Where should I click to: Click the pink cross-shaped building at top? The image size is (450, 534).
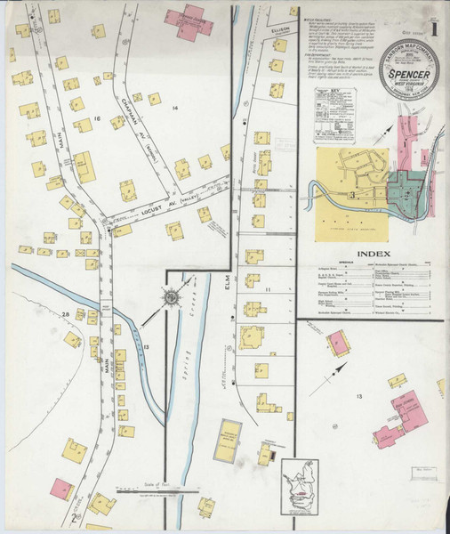point(190,20)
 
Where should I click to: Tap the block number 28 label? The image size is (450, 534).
point(66,314)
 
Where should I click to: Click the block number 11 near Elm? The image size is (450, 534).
point(267,290)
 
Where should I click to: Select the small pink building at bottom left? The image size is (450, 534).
point(60,488)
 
